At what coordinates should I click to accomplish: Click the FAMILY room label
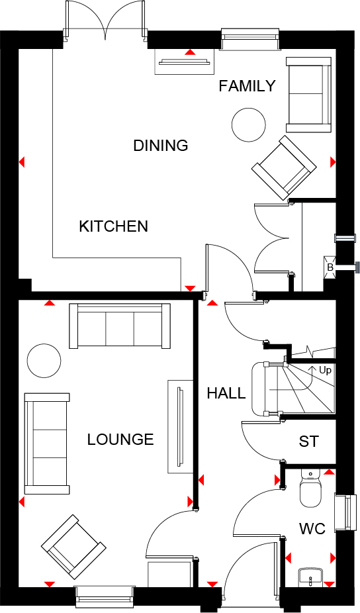(247, 86)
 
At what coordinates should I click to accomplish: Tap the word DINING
(161, 146)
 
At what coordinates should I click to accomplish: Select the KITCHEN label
(113, 226)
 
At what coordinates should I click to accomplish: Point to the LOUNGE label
(120, 440)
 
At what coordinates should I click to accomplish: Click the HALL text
(226, 393)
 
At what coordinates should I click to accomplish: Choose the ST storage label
(308, 442)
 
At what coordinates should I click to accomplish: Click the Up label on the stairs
(325, 370)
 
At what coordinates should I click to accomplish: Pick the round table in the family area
(249, 124)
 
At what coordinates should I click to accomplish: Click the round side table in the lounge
(44, 360)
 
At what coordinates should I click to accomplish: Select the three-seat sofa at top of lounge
(120, 325)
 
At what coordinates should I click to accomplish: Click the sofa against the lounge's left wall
(47, 443)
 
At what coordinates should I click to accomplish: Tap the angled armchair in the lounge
(73, 547)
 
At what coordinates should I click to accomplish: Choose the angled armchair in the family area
(283, 167)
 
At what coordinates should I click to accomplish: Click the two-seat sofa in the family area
(308, 94)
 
